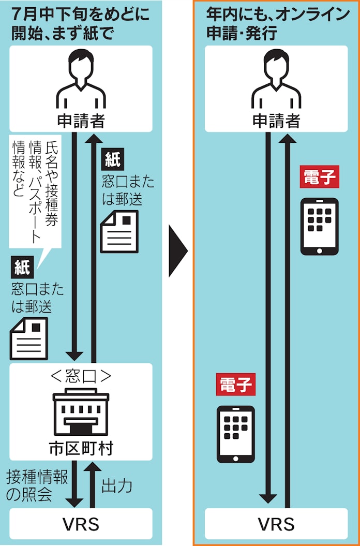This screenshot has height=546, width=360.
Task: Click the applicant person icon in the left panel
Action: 81,79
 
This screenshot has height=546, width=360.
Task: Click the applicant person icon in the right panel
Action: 276,79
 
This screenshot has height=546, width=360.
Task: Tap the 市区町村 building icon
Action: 81,411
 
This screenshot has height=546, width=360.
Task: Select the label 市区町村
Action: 81,449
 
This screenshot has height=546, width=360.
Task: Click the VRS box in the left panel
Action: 81,524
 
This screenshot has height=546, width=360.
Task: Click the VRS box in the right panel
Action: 276,524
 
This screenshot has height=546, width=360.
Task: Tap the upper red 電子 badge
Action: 319,176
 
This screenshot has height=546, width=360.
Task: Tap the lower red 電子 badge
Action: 236,385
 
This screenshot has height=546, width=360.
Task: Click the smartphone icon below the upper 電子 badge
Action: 320,227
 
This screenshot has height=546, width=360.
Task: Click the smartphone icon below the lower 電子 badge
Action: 236,434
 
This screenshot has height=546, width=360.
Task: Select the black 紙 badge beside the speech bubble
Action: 22,268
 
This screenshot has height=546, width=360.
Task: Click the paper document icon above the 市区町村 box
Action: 28,338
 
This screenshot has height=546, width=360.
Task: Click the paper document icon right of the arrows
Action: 119,231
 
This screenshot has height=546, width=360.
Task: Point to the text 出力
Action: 117,485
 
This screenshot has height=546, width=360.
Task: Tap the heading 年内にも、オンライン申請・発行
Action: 277,24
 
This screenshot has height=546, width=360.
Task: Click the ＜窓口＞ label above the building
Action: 81,376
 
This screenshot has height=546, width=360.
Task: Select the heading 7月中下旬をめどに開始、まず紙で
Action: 81,24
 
